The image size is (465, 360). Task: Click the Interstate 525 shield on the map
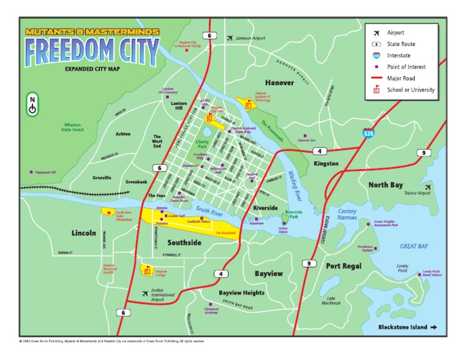pos(369,132)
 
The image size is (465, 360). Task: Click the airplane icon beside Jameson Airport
pos(229,38)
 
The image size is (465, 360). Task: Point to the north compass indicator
pos(32,104)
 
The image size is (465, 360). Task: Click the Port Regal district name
pos(343,265)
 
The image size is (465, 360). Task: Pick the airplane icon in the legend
pos(376,32)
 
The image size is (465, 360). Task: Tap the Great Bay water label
pos(414,246)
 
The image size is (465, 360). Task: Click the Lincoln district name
pos(84,232)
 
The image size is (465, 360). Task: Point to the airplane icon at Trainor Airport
pos(429,187)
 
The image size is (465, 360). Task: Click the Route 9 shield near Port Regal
pos(308,263)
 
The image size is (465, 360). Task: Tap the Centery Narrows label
pos(348,213)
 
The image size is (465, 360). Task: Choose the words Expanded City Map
pos(91,70)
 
